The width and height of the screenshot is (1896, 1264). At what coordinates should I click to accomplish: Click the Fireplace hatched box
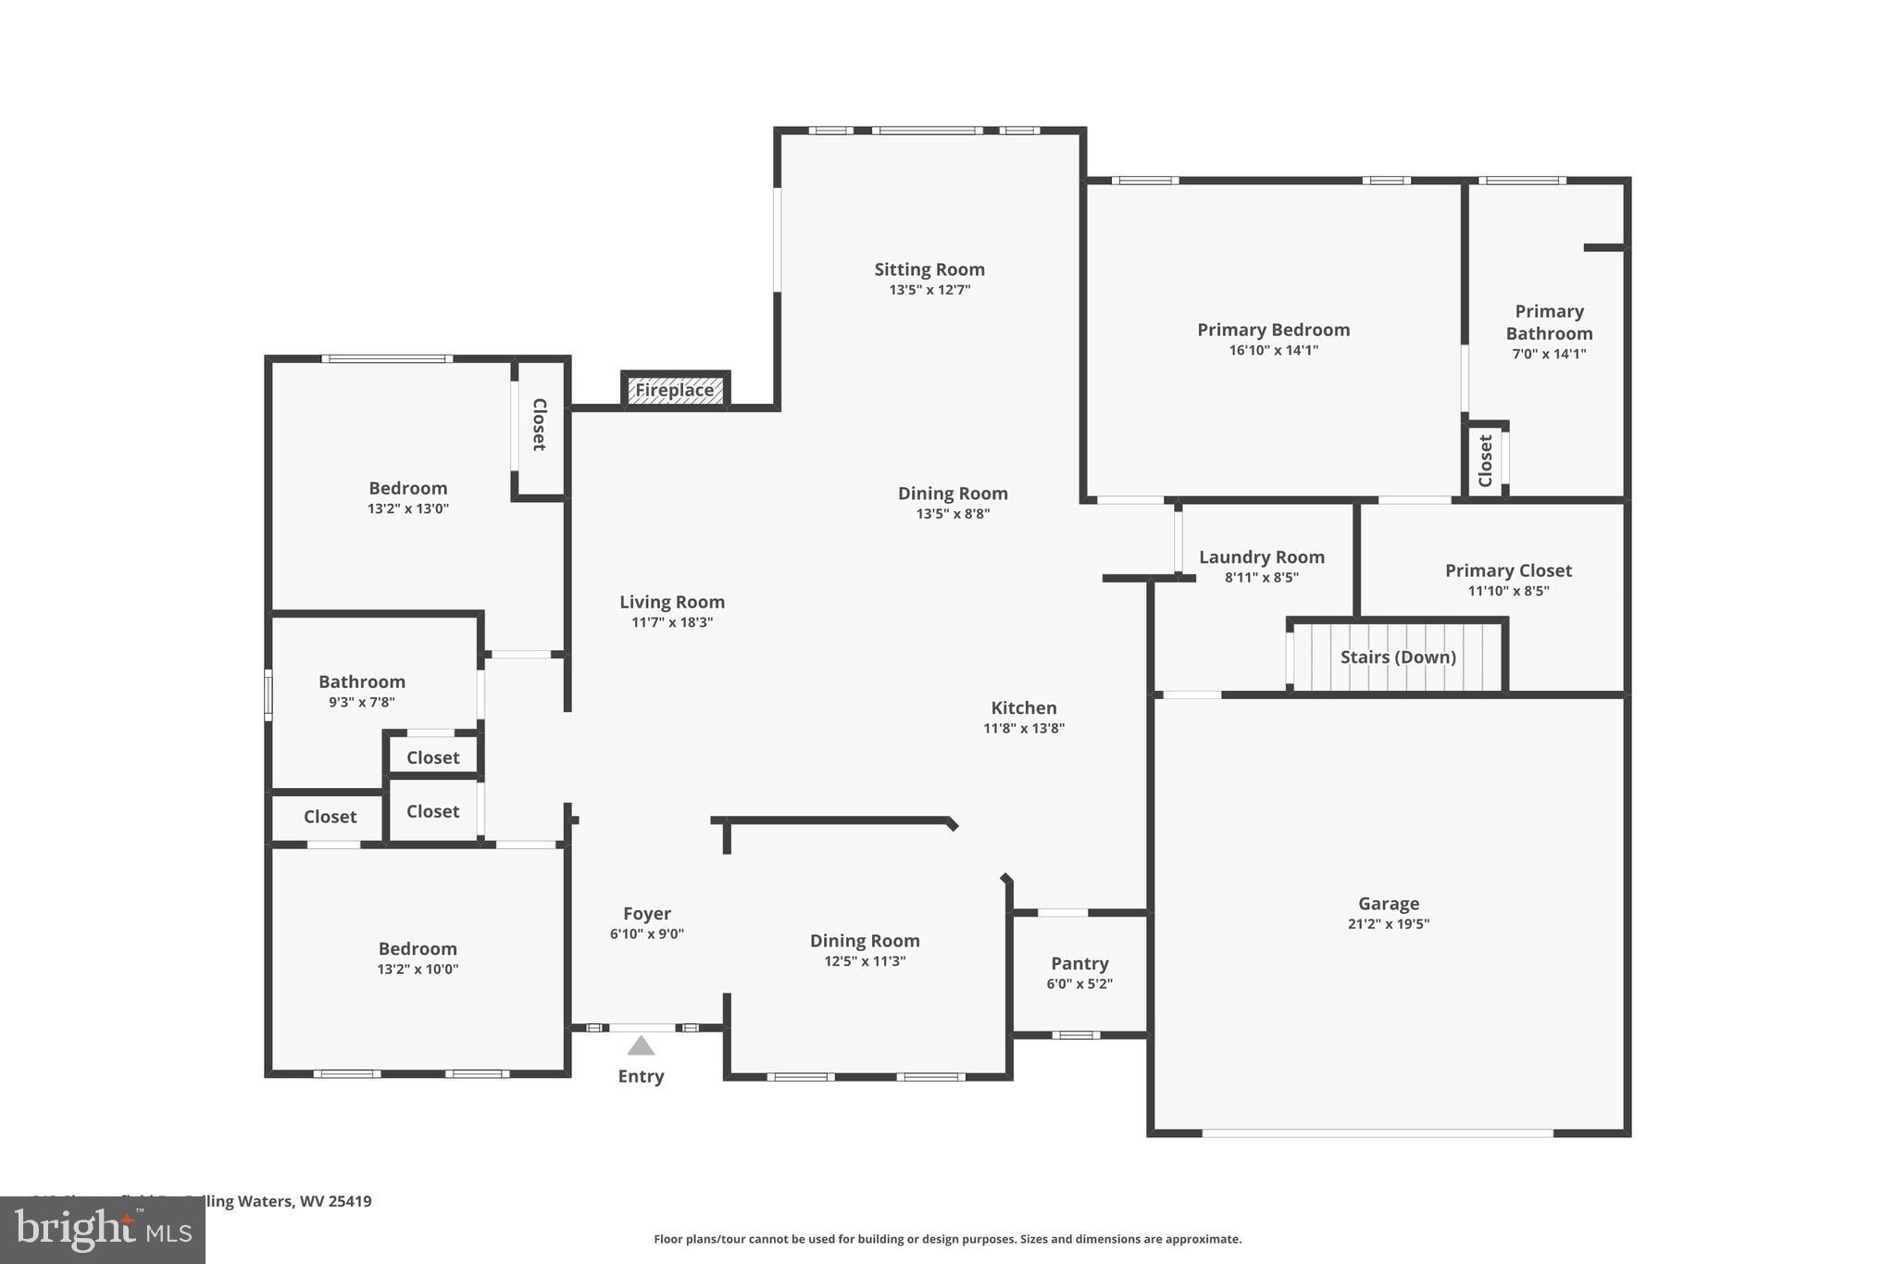pos(675,390)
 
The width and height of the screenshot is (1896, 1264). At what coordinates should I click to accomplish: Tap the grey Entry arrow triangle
pos(641,1046)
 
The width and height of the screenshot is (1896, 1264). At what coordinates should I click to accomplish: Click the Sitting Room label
pos(929,269)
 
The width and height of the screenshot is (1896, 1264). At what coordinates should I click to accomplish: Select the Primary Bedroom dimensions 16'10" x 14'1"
pos(1273,350)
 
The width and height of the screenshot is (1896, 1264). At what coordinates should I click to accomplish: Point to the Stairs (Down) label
pos(1398,657)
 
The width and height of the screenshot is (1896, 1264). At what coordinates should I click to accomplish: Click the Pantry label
pos(1079,963)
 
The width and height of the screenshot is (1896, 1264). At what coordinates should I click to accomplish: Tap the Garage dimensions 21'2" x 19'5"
pos(1388,923)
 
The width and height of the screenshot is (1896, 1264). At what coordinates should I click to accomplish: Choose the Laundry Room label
pos(1261,557)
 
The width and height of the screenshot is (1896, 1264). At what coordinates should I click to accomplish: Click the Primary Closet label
pos(1508,570)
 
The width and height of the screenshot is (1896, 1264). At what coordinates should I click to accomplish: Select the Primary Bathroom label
pos(1549,322)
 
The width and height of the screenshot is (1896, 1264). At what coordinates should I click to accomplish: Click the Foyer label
pos(646,913)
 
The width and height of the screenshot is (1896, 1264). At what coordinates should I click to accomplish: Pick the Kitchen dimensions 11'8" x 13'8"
pos(1023,728)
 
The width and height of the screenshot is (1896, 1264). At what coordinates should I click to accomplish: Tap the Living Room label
pos(671,602)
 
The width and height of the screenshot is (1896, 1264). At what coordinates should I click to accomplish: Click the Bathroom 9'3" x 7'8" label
pos(361,682)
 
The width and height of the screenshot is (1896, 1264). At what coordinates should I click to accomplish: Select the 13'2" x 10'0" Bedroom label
pos(417,948)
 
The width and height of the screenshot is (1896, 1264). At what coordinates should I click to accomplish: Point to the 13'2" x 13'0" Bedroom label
pos(407,488)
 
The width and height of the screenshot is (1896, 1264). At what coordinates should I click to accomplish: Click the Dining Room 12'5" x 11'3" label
pos(865,941)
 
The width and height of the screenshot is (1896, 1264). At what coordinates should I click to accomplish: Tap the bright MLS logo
pos(103,1230)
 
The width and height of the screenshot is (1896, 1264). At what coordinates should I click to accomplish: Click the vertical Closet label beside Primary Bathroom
pos(1486,460)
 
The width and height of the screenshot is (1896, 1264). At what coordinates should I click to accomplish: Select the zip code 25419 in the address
pos(350,1201)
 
